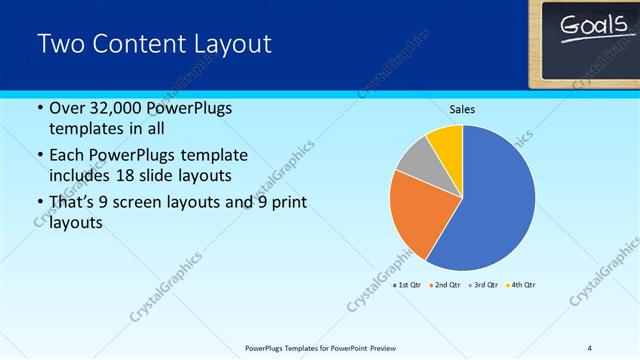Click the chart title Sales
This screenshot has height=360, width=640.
[461, 109]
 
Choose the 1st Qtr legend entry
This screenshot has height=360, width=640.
[407, 285]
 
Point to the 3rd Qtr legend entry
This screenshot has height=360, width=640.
[483, 285]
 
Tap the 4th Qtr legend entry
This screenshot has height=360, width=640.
[521, 285]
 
